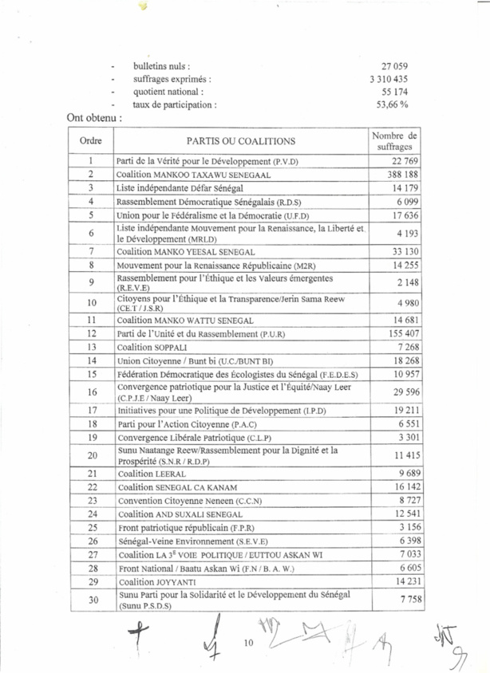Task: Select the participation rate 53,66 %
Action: coord(392,104)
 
